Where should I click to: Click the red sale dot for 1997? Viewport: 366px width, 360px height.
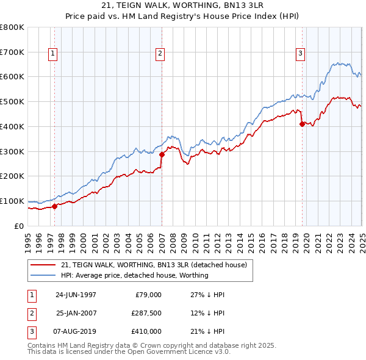click(55, 206)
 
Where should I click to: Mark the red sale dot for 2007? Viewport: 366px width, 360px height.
click(162, 154)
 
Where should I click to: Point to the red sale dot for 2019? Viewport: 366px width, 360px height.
click(302, 124)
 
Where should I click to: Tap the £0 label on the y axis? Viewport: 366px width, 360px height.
click(20, 226)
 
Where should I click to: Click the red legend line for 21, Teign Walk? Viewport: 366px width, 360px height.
click(44, 265)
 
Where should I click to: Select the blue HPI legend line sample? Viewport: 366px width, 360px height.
click(44, 275)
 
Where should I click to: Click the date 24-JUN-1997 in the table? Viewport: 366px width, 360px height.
click(76, 295)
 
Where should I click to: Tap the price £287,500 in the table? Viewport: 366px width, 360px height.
click(146, 313)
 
